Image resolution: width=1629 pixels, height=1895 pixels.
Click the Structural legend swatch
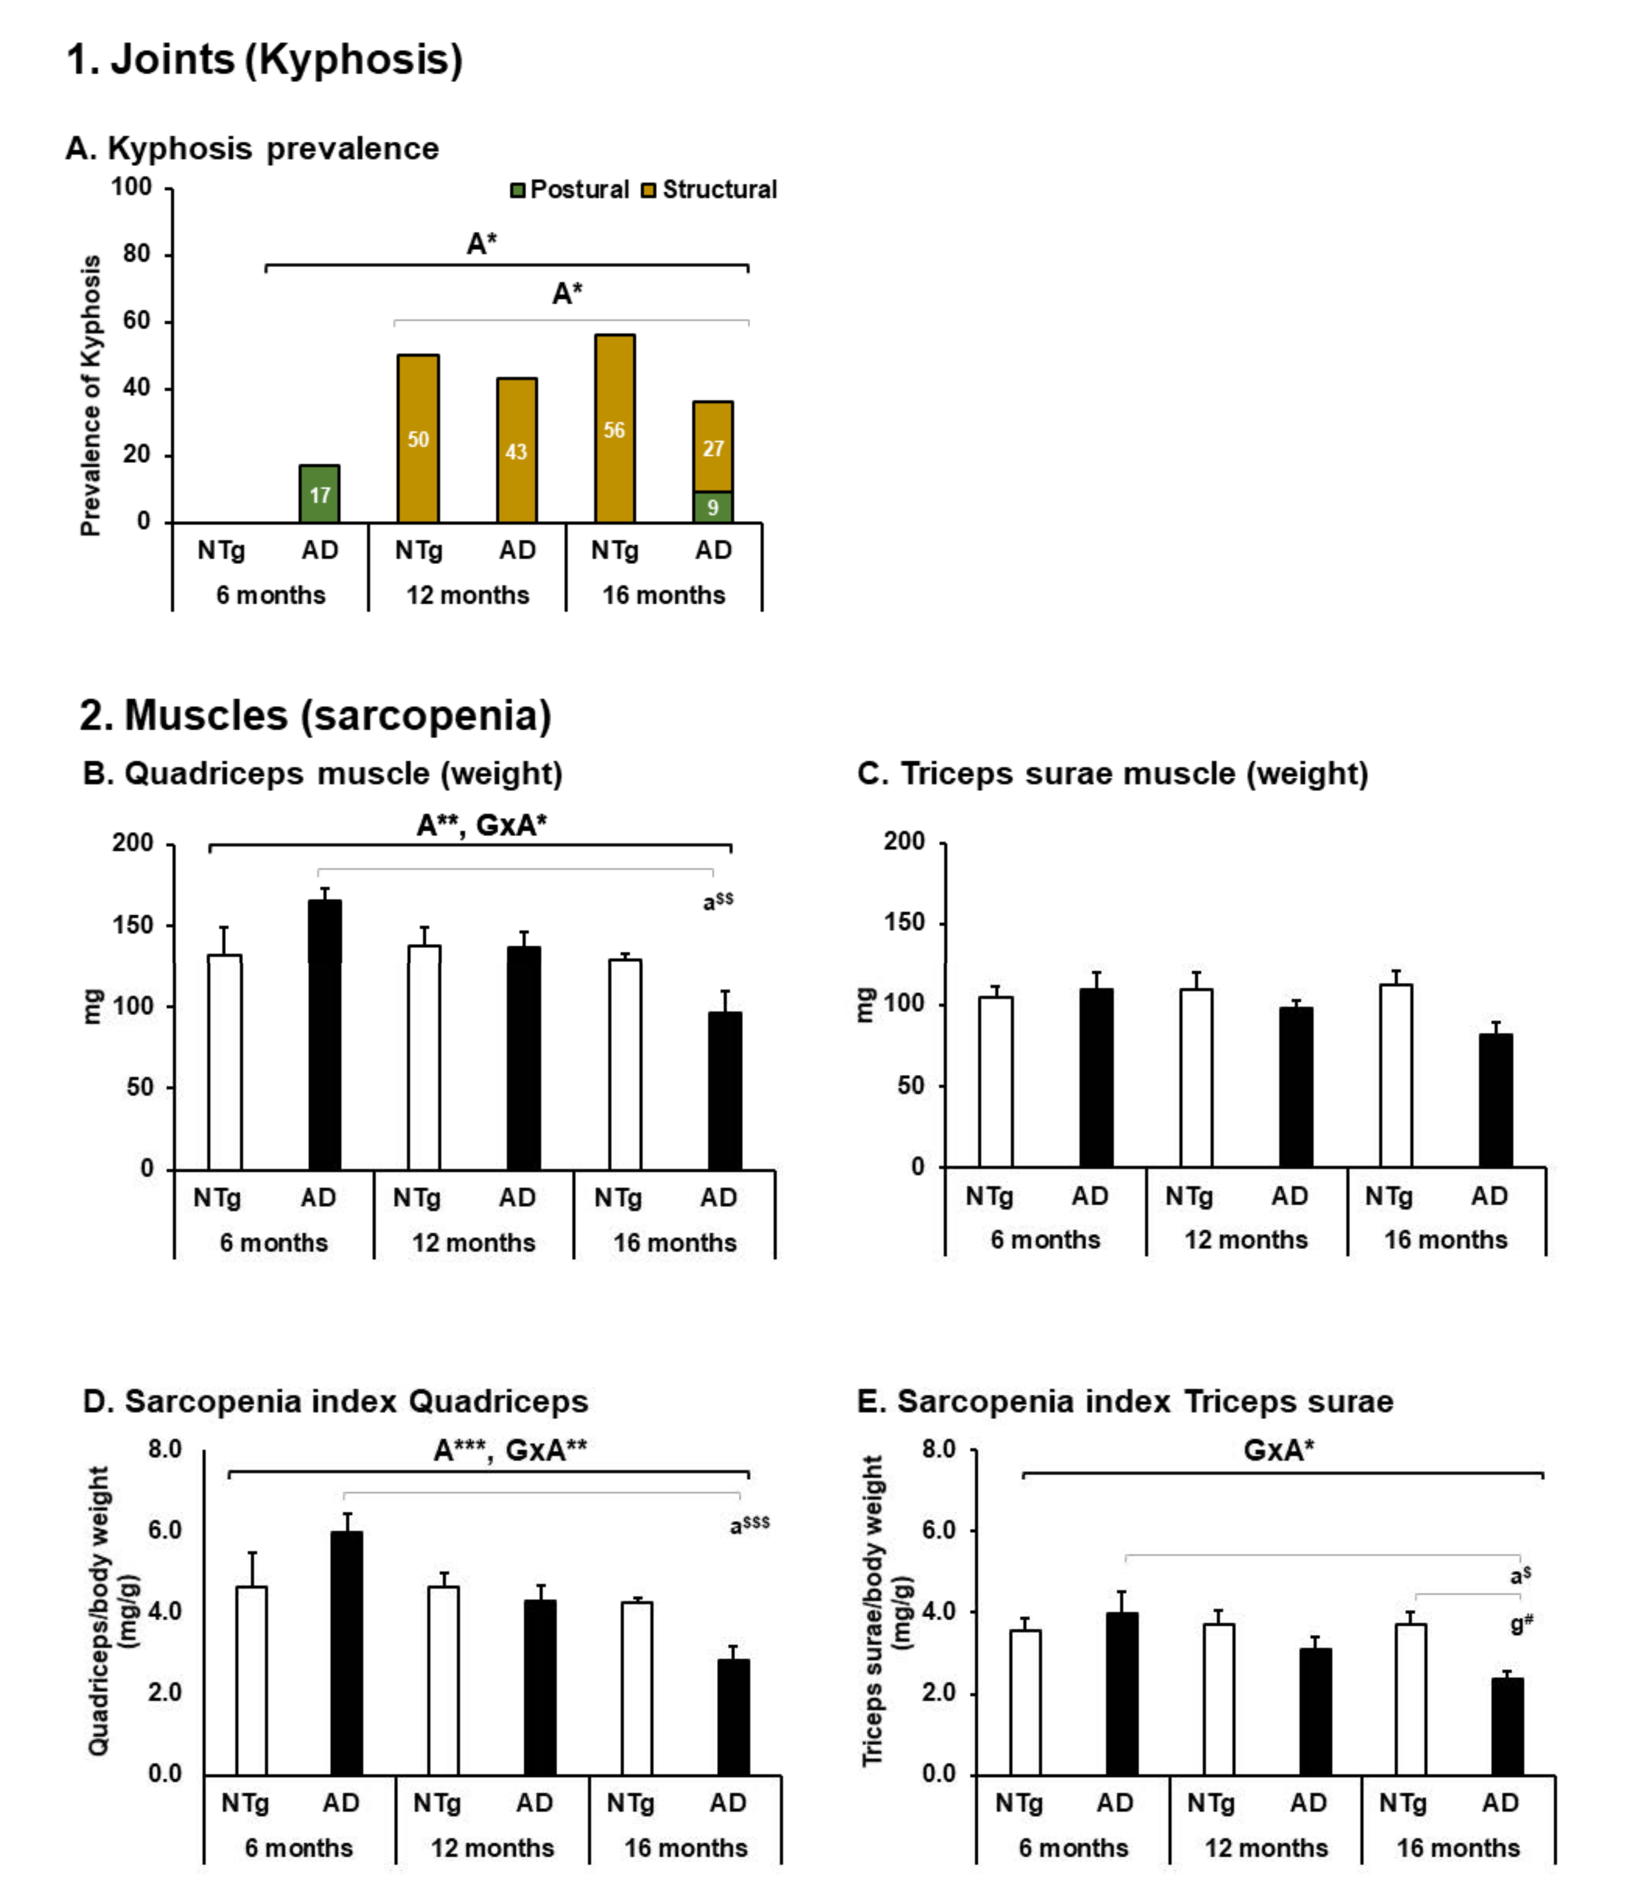(x=649, y=190)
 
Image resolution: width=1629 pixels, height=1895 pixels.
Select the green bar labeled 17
(x=319, y=494)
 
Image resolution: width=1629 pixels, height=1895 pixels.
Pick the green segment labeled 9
(x=712, y=507)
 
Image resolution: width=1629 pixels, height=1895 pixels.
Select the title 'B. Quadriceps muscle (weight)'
(x=322, y=774)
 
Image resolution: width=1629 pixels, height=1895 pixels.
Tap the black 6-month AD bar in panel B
(x=325, y=1034)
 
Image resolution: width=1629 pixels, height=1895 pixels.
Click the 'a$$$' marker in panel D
(x=749, y=1524)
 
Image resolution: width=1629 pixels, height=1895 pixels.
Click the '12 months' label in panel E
(x=1266, y=1847)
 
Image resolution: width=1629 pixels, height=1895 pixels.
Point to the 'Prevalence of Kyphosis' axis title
(x=91, y=395)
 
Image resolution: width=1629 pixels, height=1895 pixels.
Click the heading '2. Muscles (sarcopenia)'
(x=316, y=715)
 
